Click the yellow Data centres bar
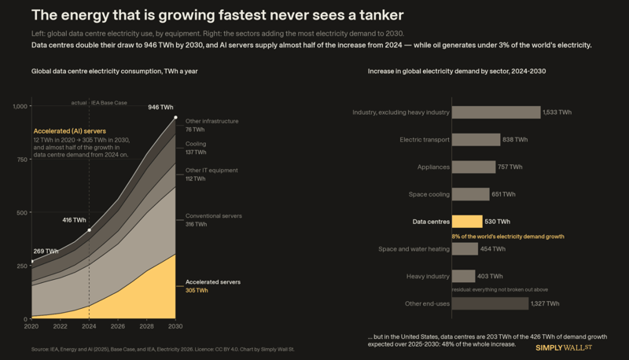click(x=467, y=222)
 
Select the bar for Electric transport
click(x=476, y=139)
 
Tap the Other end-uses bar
click(x=490, y=303)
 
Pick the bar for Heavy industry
click(x=463, y=276)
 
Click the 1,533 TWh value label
click(x=557, y=112)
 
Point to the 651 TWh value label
click(x=503, y=194)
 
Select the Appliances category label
click(x=433, y=167)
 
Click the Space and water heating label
click(x=414, y=249)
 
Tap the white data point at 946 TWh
click(x=175, y=117)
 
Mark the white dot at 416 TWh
click(x=89, y=230)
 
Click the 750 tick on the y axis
click(x=22, y=160)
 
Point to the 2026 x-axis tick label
click(x=117, y=326)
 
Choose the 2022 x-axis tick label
click(x=61, y=326)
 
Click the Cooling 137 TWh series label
click(x=196, y=148)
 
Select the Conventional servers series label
click(x=213, y=215)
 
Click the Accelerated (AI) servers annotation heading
click(x=70, y=131)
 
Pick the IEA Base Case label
click(x=109, y=103)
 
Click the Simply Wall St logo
click(x=564, y=347)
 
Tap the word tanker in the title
click(x=381, y=15)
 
